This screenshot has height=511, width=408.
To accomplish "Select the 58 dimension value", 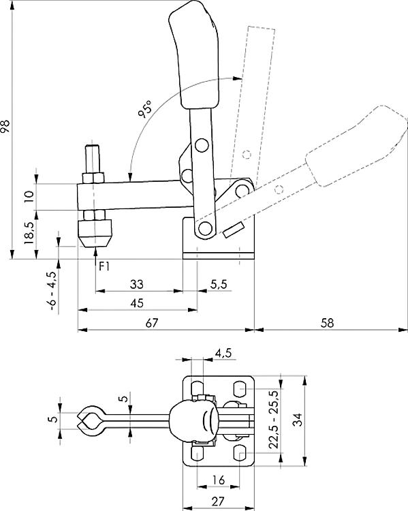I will click(328, 324).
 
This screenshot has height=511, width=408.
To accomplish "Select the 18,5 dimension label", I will click(28, 234).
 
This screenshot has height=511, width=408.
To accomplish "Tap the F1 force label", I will click(104, 266).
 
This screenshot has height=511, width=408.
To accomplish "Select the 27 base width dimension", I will click(218, 503).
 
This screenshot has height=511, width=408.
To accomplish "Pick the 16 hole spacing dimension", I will click(218, 481).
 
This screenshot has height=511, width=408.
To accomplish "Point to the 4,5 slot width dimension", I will click(223, 353).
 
